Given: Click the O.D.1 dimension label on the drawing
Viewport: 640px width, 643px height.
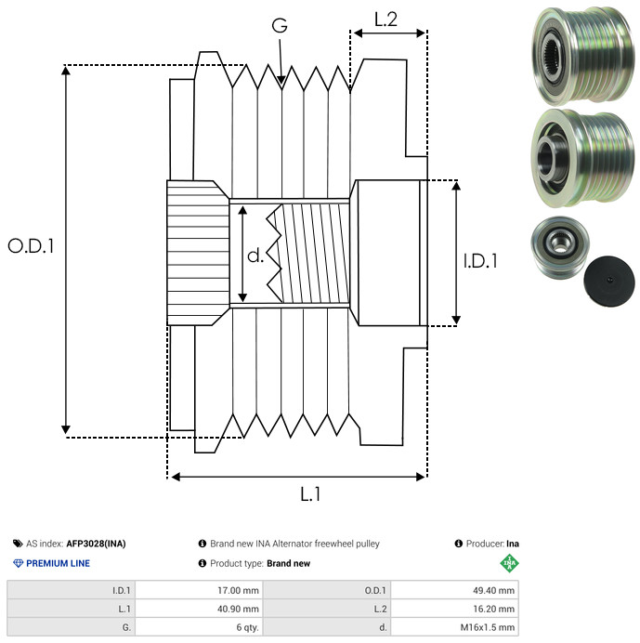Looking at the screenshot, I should click(x=31, y=246).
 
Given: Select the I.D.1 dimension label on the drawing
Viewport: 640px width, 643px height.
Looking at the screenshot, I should click(x=480, y=261).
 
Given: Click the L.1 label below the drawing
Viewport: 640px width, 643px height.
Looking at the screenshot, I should click(x=309, y=494).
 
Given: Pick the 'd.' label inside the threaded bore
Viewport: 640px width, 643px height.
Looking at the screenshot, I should click(x=255, y=256).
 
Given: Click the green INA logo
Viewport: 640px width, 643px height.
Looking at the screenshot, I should click(x=508, y=563).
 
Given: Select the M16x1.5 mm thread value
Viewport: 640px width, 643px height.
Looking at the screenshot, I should click(x=482, y=627).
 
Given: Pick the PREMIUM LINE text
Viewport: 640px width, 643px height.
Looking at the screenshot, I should click(x=58, y=563).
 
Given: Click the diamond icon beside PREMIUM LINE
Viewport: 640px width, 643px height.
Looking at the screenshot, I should click(x=18, y=563).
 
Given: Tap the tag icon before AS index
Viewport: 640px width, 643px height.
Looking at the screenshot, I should click(x=18, y=544).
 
